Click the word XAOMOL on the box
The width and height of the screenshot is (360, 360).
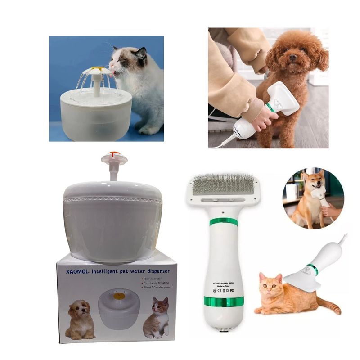(x=76, y=272)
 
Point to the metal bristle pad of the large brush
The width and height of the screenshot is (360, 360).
(x=223, y=185)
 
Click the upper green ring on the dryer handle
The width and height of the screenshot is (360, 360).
(x=224, y=222)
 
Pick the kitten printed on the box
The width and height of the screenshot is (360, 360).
(x=156, y=317)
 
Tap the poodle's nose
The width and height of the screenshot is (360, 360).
(x=292, y=58)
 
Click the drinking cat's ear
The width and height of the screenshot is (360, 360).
(x=140, y=54)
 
